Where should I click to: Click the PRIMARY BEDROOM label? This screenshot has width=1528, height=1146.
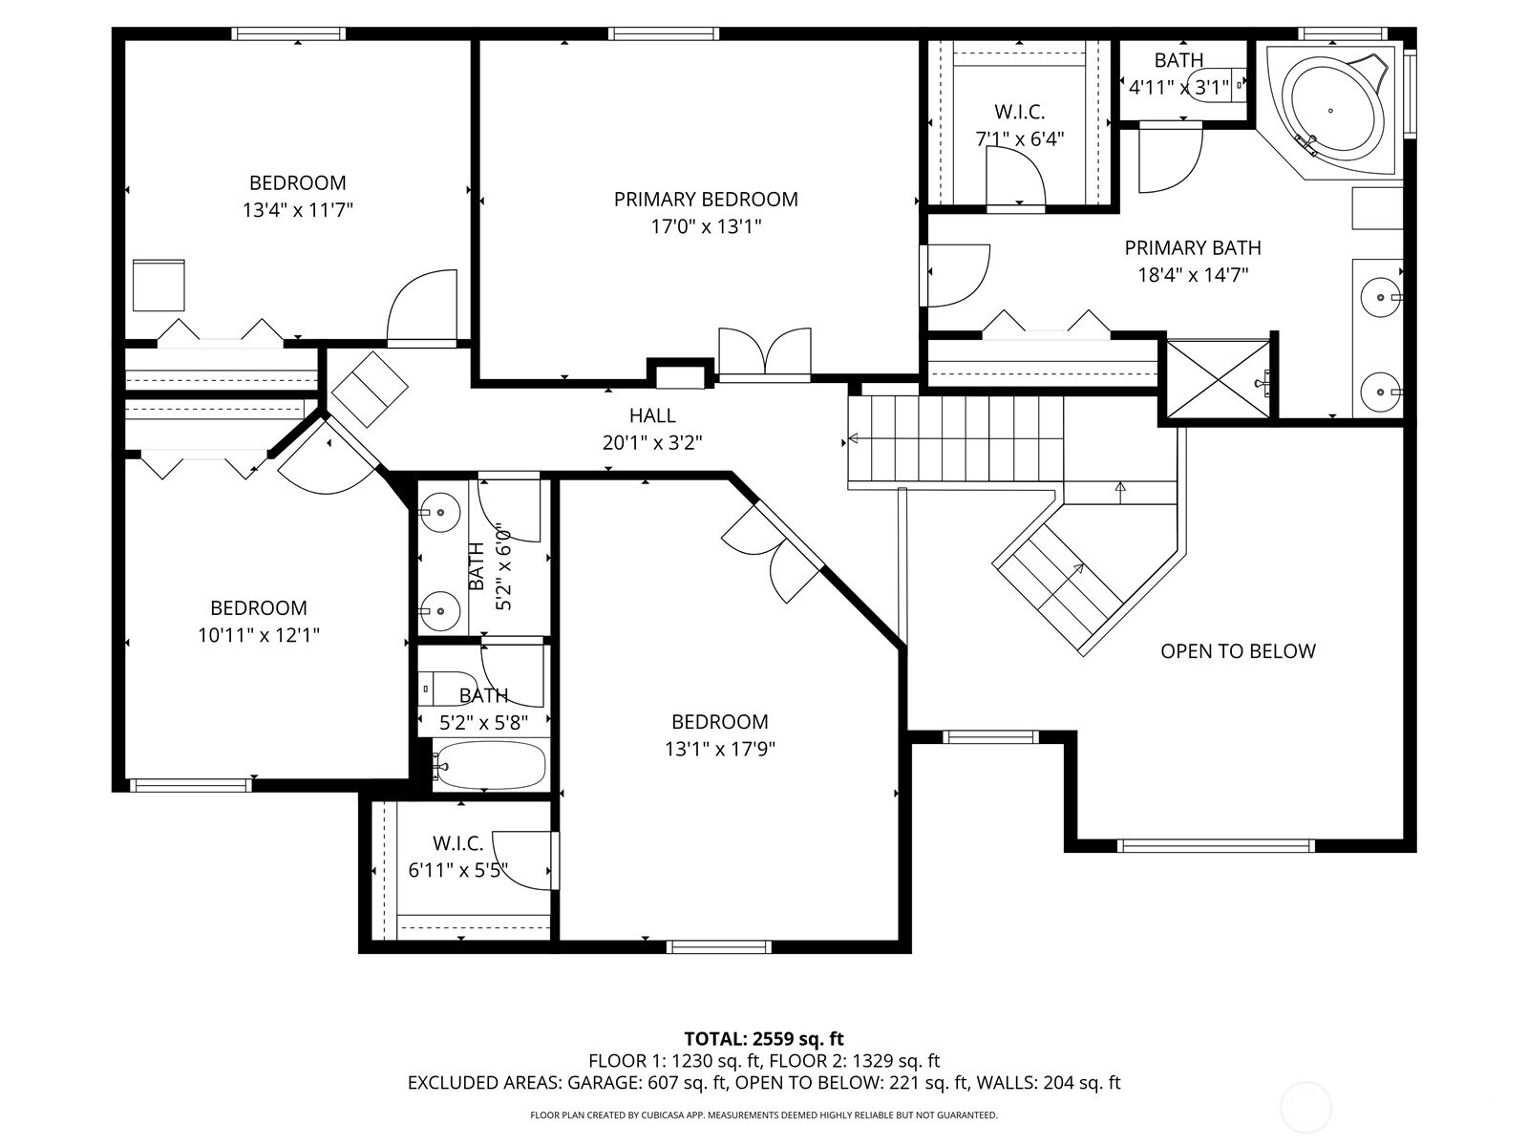[705, 200]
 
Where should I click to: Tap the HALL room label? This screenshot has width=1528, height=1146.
[652, 415]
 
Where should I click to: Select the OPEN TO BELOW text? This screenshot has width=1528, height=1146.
[1238, 651]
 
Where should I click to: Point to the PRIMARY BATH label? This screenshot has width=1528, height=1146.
[1193, 247]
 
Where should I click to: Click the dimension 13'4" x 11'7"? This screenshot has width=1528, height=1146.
[297, 210]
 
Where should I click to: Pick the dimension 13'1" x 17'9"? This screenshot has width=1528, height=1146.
[720, 749]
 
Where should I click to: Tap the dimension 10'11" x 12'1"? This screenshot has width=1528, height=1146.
[258, 635]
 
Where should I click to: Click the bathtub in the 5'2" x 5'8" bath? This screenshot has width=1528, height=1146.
[488, 765]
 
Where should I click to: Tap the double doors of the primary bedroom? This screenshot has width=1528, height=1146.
[764, 353]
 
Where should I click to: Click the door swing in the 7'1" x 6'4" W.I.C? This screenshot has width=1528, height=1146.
[1016, 179]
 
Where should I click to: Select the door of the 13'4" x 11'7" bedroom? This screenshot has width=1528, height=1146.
[422, 307]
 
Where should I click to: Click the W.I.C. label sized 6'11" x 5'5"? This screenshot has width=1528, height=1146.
[458, 843]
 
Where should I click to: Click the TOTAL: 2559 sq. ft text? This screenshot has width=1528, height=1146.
[764, 1039]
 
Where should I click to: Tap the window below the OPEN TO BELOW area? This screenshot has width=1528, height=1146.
[1216, 845]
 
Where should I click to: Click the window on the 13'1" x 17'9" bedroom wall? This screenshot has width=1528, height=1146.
[719, 946]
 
